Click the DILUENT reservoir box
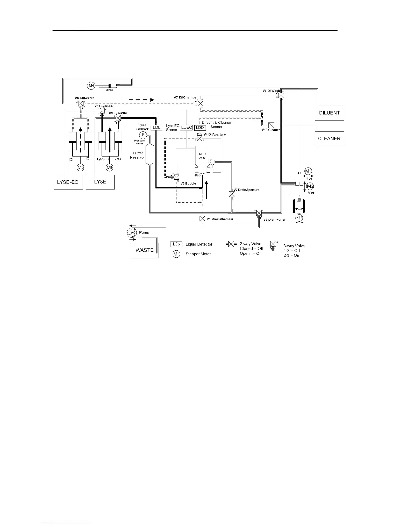pyautogui.click(x=329, y=113)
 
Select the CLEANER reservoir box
pyautogui.click(x=329, y=138)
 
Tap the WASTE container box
pyautogui.click(x=144, y=250)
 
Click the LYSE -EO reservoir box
pyautogui.click(x=68, y=182)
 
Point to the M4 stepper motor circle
pyautogui.click(x=91, y=86)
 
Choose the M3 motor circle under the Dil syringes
pyautogui.click(x=81, y=168)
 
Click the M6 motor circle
pyautogui.click(x=110, y=168)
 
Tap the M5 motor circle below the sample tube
pyautogui.click(x=299, y=218)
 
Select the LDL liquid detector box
pyautogui.click(x=156, y=127)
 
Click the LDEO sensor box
pyautogui.click(x=187, y=127)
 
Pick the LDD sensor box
pyautogui.click(x=200, y=128)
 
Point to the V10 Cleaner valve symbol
pyautogui.click(x=271, y=125)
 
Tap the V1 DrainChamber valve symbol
pyautogui.click(x=202, y=219)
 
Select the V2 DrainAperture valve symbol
pyautogui.click(x=232, y=194)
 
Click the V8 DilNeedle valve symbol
pyautogui.click(x=80, y=103)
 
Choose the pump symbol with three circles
pyautogui.click(x=132, y=233)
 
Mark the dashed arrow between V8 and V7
pyautogui.click(x=141, y=99)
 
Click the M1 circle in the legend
pyautogui.click(x=176, y=254)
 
